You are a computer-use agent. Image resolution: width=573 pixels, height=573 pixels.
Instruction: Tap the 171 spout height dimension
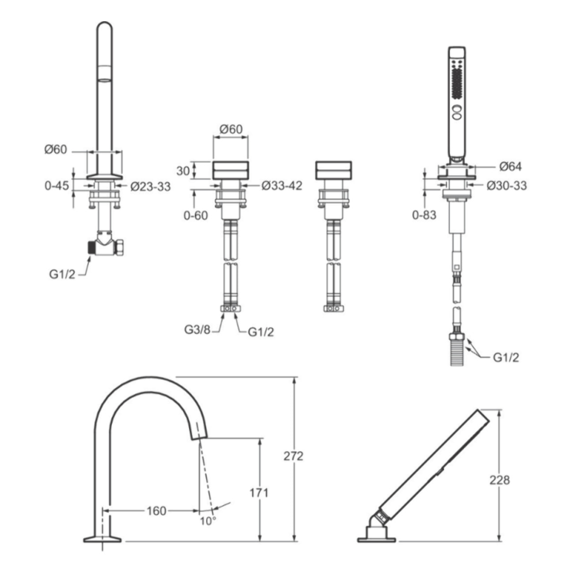pyautogui.click(x=259, y=493)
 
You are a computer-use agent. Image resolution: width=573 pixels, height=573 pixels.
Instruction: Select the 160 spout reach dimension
pyautogui.click(x=156, y=511)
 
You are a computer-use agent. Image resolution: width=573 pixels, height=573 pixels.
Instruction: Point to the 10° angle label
pyautogui.click(x=208, y=521)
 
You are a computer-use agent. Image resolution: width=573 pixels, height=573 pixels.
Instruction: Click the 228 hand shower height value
pyautogui.click(x=500, y=480)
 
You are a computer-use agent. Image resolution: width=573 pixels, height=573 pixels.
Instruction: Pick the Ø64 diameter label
pyautogui.click(x=510, y=167)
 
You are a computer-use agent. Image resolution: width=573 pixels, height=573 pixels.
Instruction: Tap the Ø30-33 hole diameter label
pyautogui.click(x=507, y=186)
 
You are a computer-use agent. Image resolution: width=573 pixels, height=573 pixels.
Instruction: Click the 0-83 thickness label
pyautogui.click(x=424, y=215)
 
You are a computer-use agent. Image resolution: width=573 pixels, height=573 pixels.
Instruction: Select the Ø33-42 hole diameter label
pyautogui.click(x=282, y=186)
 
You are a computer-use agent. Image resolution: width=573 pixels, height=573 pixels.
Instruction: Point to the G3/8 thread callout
pyautogui.click(x=197, y=330)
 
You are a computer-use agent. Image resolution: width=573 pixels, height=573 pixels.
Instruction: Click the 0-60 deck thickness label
pyautogui.click(x=196, y=216)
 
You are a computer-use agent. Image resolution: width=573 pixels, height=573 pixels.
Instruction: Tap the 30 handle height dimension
pyautogui.click(x=183, y=171)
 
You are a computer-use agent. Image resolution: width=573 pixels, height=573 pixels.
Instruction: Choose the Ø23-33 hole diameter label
pyautogui.click(x=151, y=187)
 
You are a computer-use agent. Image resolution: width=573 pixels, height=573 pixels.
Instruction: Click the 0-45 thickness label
pyautogui.click(x=57, y=186)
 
